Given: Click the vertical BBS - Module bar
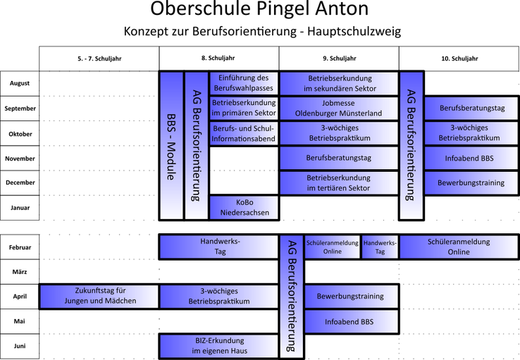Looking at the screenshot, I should click(x=171, y=145).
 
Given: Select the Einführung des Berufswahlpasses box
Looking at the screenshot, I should click(x=244, y=83).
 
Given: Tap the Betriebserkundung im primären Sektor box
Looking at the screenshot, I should click(x=244, y=108).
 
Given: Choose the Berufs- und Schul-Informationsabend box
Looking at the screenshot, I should click(x=244, y=133).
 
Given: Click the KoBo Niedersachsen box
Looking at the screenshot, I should click(x=244, y=207).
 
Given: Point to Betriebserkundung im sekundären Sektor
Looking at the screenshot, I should click(x=340, y=83).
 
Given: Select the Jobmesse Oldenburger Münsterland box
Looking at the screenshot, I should click(x=338, y=108).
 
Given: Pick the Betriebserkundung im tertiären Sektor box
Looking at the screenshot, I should click(x=338, y=182).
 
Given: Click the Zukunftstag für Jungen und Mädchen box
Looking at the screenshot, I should click(x=98, y=296).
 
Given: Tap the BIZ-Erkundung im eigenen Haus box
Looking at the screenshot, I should click(x=219, y=346).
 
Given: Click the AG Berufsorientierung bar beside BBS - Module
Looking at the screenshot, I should click(x=196, y=145).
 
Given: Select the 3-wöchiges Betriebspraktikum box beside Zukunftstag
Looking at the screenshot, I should click(x=219, y=296).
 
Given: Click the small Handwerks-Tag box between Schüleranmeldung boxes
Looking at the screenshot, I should click(x=380, y=247).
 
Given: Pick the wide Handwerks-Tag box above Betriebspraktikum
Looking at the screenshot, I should click(x=219, y=247).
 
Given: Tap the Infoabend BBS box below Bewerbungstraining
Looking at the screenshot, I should click(x=349, y=322).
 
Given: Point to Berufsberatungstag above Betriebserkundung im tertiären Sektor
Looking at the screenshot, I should click(x=338, y=158).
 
